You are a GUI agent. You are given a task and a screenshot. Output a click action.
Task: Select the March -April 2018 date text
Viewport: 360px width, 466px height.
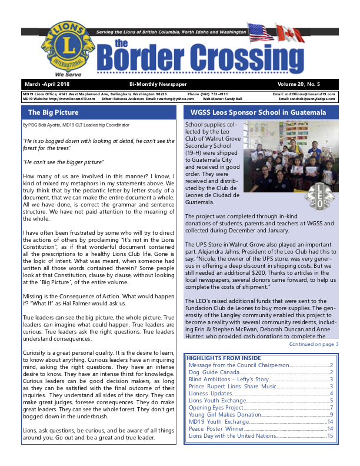pos(44,84)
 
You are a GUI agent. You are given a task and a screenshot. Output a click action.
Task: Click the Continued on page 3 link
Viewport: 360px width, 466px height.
pos(314,344)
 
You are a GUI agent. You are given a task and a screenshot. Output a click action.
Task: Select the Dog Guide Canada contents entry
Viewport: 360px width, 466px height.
pos(214,372)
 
